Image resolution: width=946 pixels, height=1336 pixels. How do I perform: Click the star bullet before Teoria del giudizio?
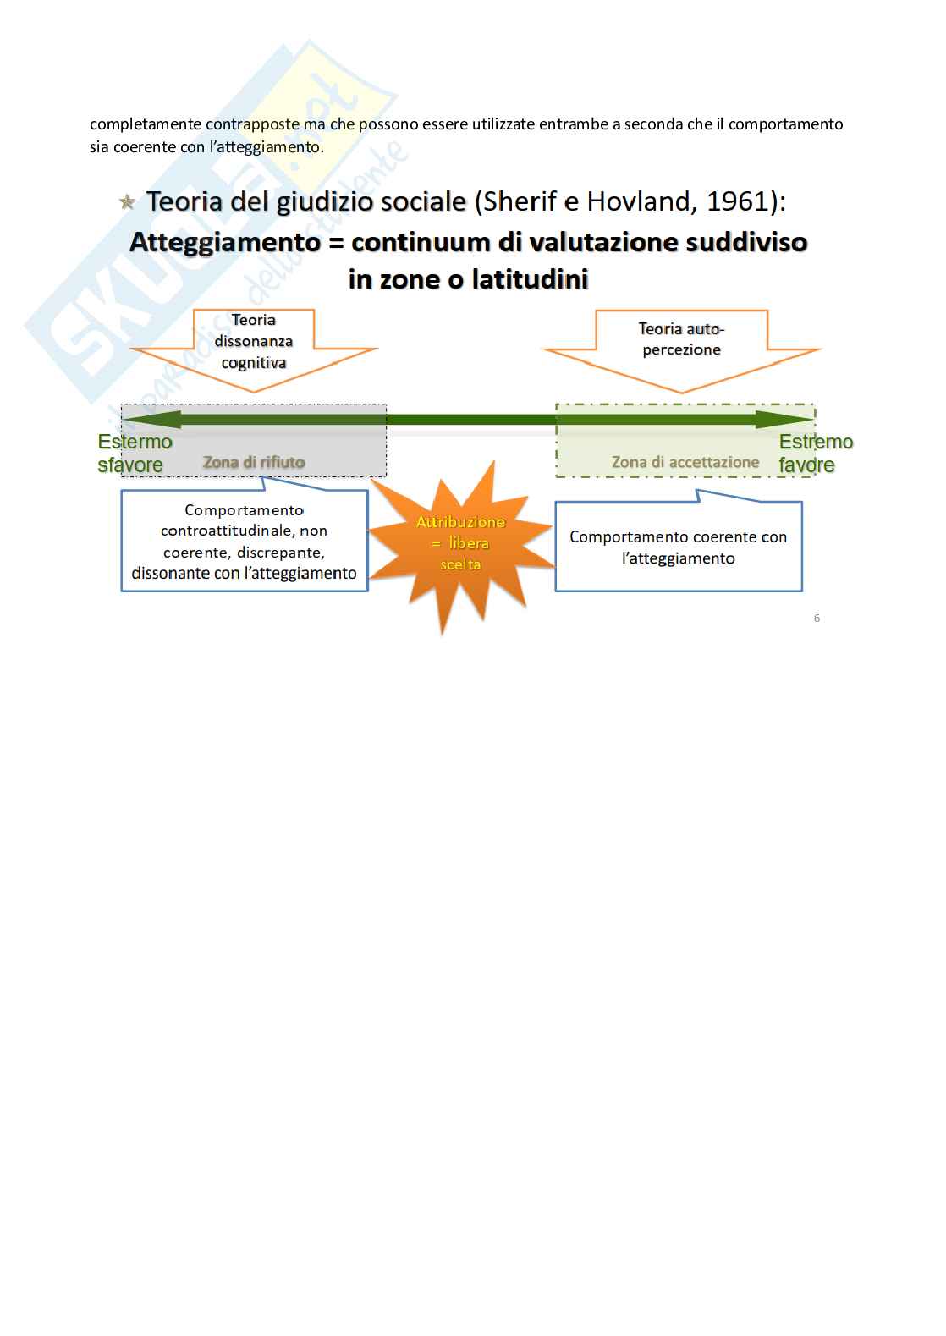click(x=127, y=203)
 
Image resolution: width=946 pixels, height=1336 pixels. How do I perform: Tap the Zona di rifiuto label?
click(x=254, y=462)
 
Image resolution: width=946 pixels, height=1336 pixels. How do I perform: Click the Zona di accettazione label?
click(x=685, y=462)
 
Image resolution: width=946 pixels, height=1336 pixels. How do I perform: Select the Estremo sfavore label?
click(x=134, y=454)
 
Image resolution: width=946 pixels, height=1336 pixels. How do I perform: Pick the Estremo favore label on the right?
click(x=815, y=454)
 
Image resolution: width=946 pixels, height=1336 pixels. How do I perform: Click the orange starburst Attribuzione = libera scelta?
click(x=460, y=543)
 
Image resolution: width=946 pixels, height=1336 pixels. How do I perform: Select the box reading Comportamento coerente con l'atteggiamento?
click(x=679, y=547)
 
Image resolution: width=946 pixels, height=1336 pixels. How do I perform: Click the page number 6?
click(x=817, y=619)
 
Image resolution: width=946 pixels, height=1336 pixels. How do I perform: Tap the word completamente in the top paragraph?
click(x=146, y=124)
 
